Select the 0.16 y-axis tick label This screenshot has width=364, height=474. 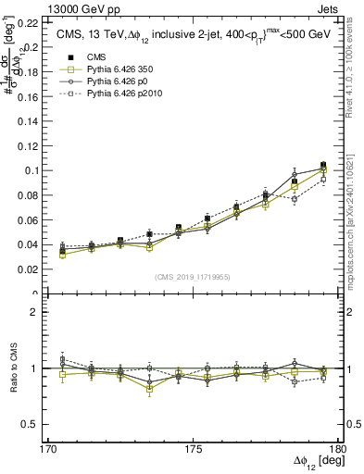(30, 96)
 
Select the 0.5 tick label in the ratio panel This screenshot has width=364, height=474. (32, 424)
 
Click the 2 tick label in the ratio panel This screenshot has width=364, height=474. (37, 313)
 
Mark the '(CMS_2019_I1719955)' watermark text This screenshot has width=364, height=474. (193, 276)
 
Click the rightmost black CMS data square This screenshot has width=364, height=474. (323, 165)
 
